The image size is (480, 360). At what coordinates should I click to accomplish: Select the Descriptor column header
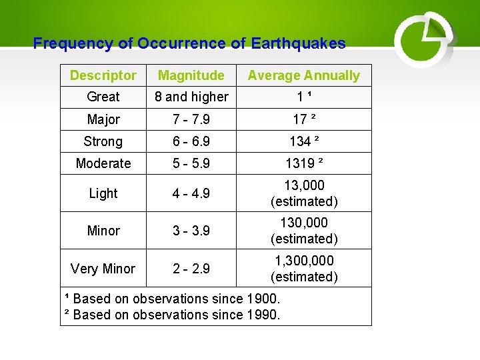103,75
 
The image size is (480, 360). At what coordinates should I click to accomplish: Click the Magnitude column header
191,75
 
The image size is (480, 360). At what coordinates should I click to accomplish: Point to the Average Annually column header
304,75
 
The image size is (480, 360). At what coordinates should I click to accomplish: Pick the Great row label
103,97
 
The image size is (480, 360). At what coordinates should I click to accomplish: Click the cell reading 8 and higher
191,97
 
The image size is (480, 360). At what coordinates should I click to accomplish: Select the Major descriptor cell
103,119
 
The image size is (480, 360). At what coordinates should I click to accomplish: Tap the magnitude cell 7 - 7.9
191,119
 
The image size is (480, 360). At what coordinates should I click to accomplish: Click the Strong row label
103,141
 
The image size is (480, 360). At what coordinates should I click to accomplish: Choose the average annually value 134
300,141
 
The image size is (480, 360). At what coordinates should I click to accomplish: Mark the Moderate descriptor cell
103,163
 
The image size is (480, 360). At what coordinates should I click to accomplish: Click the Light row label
103,193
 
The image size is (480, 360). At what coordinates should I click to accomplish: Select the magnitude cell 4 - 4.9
191,193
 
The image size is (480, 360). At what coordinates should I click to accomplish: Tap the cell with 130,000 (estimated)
304,230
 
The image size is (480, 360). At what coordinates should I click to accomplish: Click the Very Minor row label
103,269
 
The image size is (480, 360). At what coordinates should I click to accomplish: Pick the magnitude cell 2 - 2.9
191,269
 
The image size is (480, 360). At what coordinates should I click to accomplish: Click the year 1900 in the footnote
263,299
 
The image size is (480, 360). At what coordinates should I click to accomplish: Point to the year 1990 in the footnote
263,314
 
